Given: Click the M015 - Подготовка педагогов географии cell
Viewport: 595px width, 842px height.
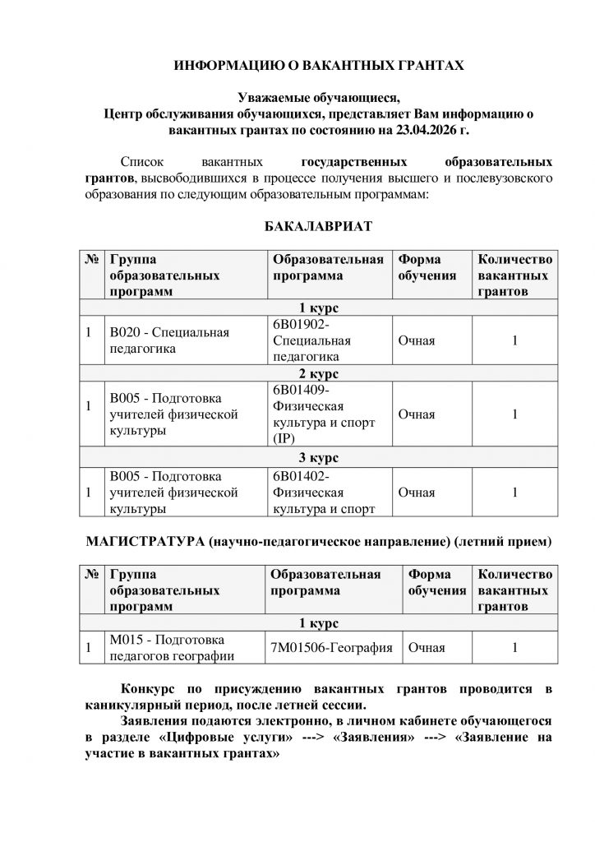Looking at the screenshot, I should pyautogui.click(x=174, y=648).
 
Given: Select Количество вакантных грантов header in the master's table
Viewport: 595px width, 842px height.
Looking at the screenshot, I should pyautogui.click(x=514, y=590).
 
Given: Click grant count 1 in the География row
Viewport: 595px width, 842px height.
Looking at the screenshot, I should pyautogui.click(x=514, y=648).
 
